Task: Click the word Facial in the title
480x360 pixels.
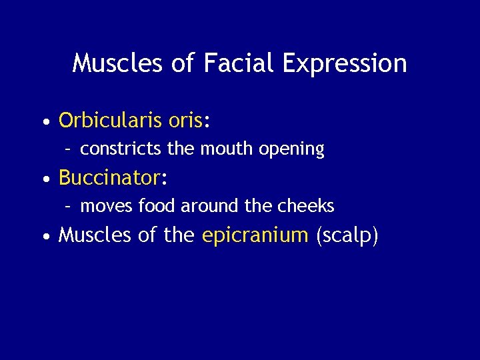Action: pyautogui.click(x=237, y=63)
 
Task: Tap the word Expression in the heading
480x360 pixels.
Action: pyautogui.click(x=345, y=64)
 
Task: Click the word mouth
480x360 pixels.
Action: pyautogui.click(x=223, y=149)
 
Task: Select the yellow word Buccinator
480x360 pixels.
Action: pyautogui.click(x=109, y=178)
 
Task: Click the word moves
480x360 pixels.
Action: pyautogui.click(x=107, y=207)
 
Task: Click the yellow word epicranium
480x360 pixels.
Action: pyautogui.click(x=255, y=236)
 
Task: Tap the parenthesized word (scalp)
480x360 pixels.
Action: pyautogui.click(x=347, y=236)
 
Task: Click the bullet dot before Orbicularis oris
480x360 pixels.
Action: pyautogui.click(x=45, y=122)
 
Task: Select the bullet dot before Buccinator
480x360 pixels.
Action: pyautogui.click(x=45, y=179)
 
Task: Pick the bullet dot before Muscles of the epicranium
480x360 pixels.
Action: pyautogui.click(x=45, y=237)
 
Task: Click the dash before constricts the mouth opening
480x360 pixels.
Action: pyautogui.click(x=69, y=149)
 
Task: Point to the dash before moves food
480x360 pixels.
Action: pyautogui.click(x=69, y=207)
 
